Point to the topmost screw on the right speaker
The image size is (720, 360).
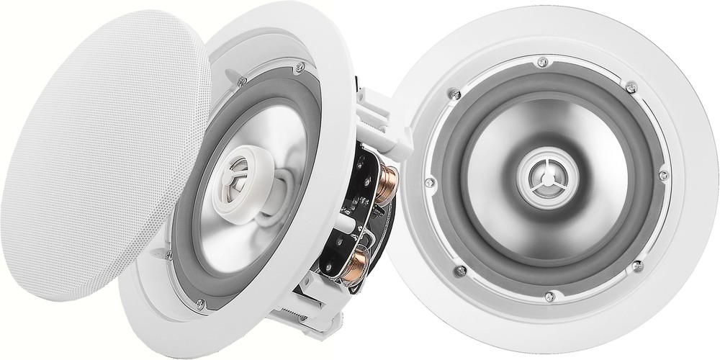pyautogui.click(x=542, y=61)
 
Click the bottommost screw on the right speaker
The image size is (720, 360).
pyautogui.click(x=550, y=295)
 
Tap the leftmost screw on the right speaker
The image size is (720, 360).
pyautogui.click(x=430, y=181)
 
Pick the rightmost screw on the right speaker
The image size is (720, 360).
pyautogui.click(x=663, y=174)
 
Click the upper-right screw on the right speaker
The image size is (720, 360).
pyautogui.click(x=631, y=87)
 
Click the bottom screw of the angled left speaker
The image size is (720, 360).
pyautogui.click(x=199, y=305)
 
